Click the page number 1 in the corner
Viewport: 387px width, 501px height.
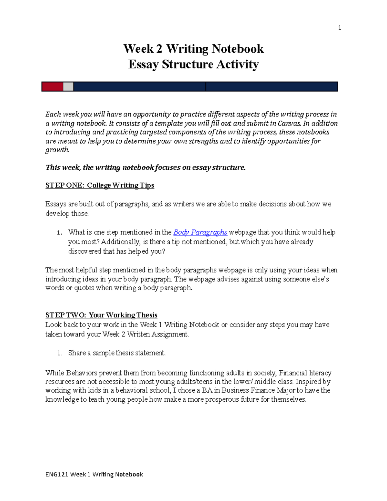[x=339, y=28]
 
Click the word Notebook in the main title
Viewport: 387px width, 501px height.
[x=238, y=49]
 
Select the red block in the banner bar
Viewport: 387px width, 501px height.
[x=52, y=86]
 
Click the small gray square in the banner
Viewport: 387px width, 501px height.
[x=68, y=86]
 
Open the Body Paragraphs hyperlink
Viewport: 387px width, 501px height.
[x=200, y=232]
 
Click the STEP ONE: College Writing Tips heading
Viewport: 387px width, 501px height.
[x=100, y=185]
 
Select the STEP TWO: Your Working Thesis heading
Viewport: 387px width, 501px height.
[x=101, y=315]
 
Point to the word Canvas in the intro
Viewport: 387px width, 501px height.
[x=289, y=123]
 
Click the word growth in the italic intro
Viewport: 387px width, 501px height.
[x=57, y=150]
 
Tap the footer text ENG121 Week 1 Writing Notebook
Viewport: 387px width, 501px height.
[x=94, y=474]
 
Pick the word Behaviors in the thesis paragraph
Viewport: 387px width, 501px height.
[x=82, y=373]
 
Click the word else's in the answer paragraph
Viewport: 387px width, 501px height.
[x=319, y=279]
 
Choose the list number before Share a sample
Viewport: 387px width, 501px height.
[x=59, y=353]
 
